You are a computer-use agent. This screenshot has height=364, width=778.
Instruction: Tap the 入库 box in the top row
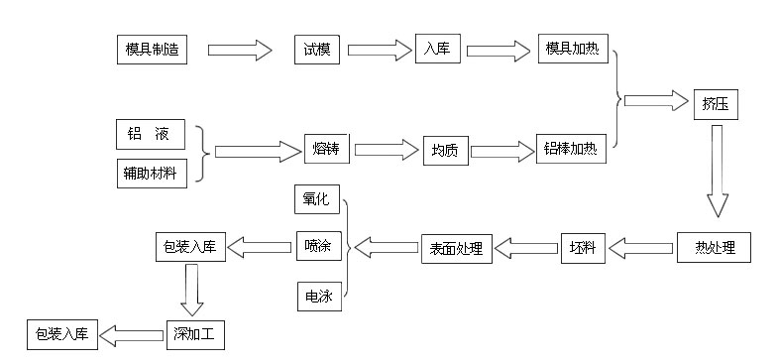coord(438,48)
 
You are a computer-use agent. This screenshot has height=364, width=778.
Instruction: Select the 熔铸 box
coord(328,150)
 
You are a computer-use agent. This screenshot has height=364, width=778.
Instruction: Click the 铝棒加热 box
coord(571,150)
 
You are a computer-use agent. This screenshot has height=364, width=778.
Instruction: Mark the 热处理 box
coord(714,247)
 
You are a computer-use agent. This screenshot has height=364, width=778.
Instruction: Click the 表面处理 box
coord(457,248)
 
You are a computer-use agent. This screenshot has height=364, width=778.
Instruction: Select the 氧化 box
coord(317,197)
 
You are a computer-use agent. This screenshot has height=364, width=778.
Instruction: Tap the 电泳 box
coord(317,296)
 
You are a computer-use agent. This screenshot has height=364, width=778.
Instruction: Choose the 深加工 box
coord(195,335)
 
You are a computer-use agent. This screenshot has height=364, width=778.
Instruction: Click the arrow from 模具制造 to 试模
coord(239,48)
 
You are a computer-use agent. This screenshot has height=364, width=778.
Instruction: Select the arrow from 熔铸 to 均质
coord(386,151)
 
